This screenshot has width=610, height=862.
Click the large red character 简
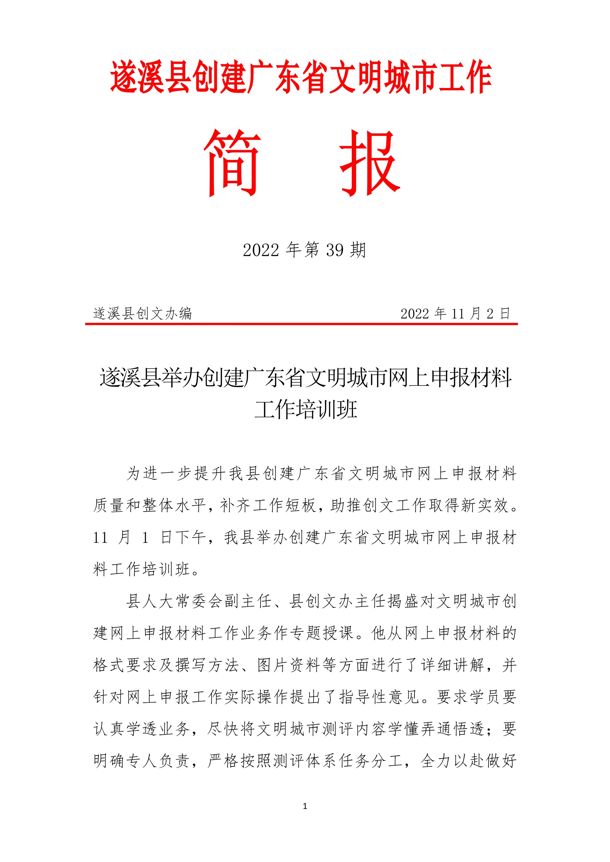(233, 163)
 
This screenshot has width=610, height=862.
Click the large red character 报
(370, 163)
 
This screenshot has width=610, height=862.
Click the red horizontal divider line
(301, 324)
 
